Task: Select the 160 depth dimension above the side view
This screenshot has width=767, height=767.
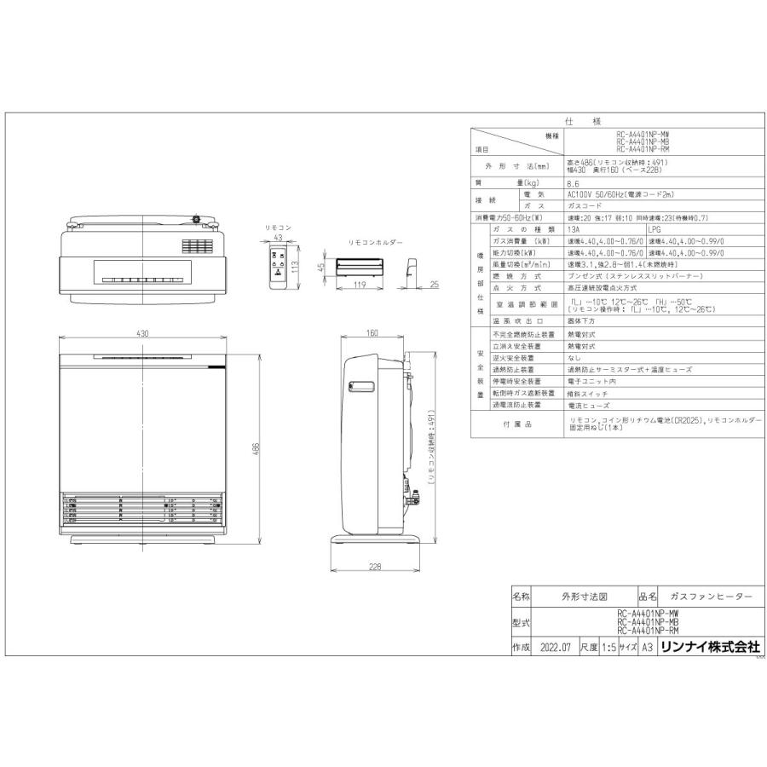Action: (x=372, y=334)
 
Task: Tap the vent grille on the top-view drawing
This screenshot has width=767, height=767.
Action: (x=194, y=246)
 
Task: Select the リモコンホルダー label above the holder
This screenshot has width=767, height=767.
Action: (x=374, y=242)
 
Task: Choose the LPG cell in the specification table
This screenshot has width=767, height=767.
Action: (x=655, y=229)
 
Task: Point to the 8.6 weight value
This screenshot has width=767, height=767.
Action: (x=573, y=183)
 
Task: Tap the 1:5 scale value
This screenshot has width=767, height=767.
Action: (x=608, y=647)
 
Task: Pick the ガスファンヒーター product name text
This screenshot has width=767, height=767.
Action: (x=711, y=597)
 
